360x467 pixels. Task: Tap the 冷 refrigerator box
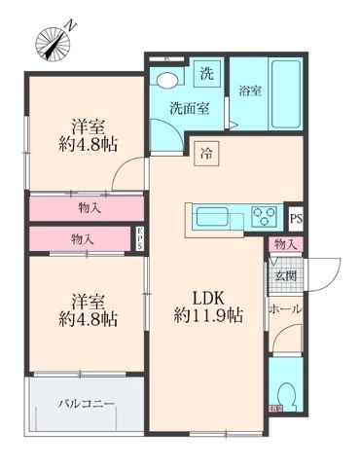click(206, 151)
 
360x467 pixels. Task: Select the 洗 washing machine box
click(206, 73)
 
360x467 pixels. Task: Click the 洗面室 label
click(188, 108)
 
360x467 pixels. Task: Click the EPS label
click(140, 237)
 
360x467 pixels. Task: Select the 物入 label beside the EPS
click(85, 238)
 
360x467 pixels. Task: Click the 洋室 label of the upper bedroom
click(87, 125)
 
